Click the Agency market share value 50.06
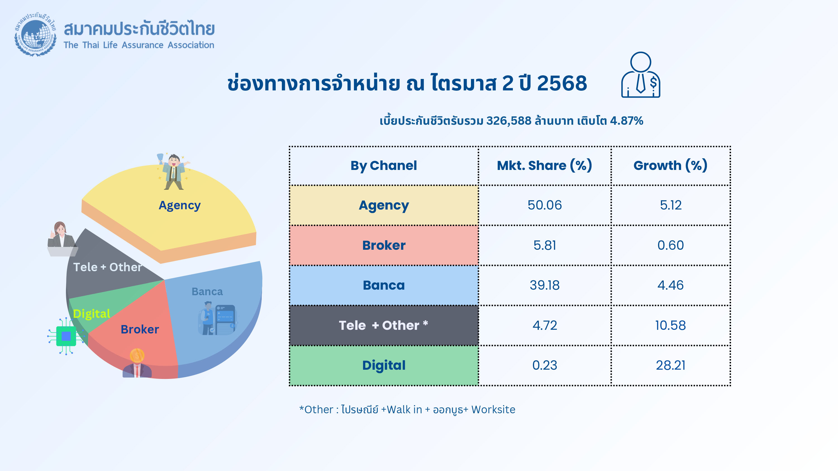click(545, 205)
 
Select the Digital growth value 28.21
click(670, 365)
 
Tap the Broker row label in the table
click(384, 245)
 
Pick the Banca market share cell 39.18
click(545, 285)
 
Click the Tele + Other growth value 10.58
click(670, 325)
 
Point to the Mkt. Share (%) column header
click(545, 165)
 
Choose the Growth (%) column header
click(670, 165)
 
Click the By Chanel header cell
click(384, 166)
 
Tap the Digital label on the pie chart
click(92, 314)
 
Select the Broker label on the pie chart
click(140, 329)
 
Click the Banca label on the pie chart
click(207, 292)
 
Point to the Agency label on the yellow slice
click(180, 205)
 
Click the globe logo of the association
click(35, 34)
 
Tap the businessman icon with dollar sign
click(641, 75)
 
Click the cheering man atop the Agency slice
click(173, 171)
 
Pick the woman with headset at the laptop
click(62, 239)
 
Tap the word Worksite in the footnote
click(493, 410)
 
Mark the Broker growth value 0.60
click(670, 245)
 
